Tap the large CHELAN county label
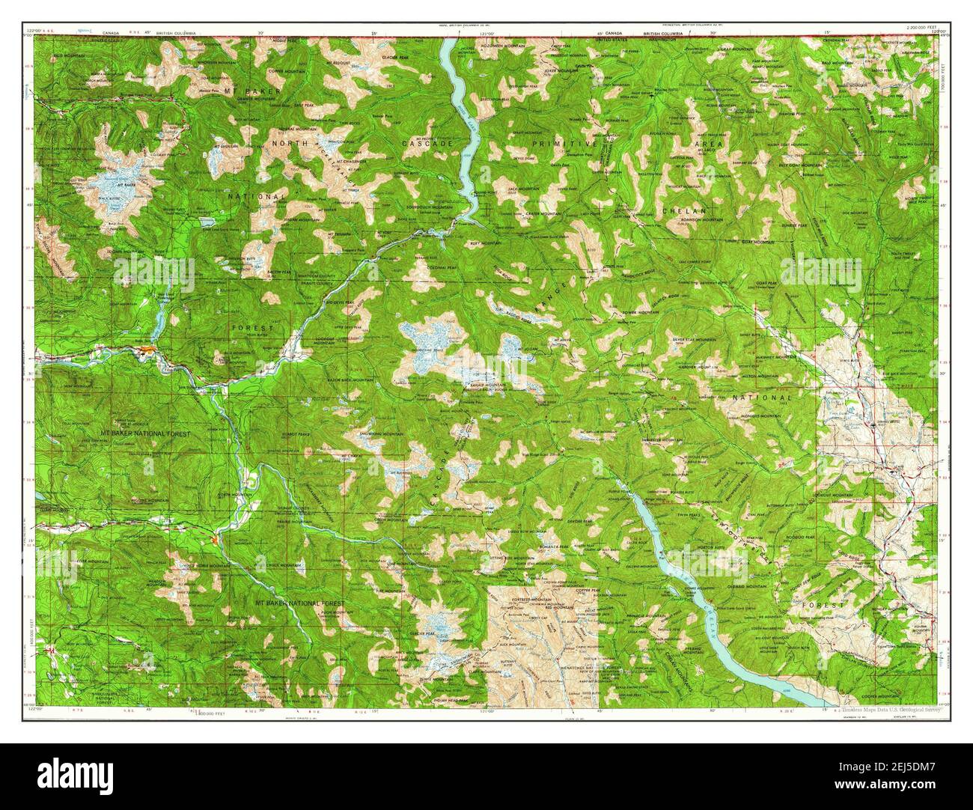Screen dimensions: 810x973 pyautogui.click(x=678, y=211)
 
